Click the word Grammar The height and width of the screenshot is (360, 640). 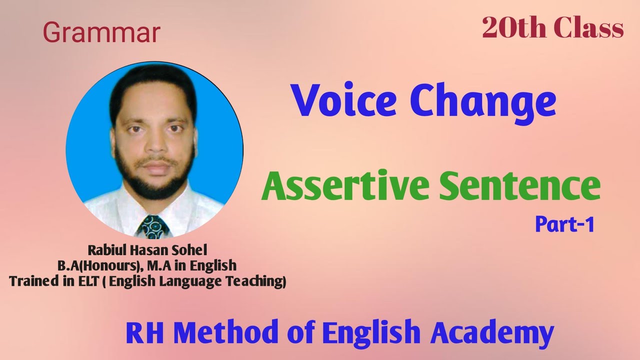[101, 33]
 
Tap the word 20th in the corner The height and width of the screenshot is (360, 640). [512, 28]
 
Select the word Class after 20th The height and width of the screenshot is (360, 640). [588, 28]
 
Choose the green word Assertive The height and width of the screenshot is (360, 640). [345, 186]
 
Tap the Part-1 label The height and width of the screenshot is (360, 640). [564, 224]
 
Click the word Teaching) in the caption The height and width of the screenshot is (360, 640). [259, 281]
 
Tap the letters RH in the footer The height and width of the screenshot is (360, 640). [143, 332]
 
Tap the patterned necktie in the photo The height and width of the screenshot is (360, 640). [153, 226]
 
